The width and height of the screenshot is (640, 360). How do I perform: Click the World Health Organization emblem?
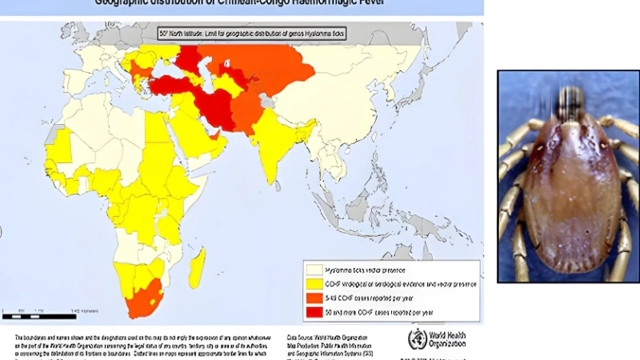pos(417,338)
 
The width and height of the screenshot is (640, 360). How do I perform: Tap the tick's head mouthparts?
pos(570,103)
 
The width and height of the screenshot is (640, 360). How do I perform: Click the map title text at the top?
pos(240,4)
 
